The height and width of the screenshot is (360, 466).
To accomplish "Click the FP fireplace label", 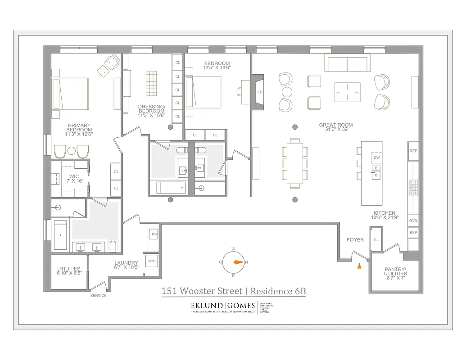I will [x=260, y=92].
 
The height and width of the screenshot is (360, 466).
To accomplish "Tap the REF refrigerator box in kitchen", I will [x=413, y=151].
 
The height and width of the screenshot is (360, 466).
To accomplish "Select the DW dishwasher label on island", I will [x=376, y=158].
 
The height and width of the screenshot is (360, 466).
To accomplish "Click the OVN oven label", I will [x=413, y=221].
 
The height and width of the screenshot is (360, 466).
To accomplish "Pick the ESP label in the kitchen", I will [x=413, y=233].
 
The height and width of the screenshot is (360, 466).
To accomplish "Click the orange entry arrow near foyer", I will [x=359, y=266].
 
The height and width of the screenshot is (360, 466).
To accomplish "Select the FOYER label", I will [x=355, y=240].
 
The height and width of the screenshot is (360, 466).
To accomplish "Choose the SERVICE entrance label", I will [x=98, y=296].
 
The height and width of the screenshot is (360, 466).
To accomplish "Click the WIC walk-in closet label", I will [x=74, y=177].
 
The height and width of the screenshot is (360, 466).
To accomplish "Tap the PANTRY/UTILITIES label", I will [x=395, y=271].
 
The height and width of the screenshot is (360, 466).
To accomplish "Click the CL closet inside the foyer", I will [x=376, y=240].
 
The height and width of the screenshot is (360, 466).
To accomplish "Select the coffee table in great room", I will [x=347, y=92].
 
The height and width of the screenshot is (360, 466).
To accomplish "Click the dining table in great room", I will [x=295, y=162].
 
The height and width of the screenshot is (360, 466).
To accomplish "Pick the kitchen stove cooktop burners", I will [x=413, y=184].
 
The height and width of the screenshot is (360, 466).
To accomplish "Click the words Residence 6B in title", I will [x=278, y=291].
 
